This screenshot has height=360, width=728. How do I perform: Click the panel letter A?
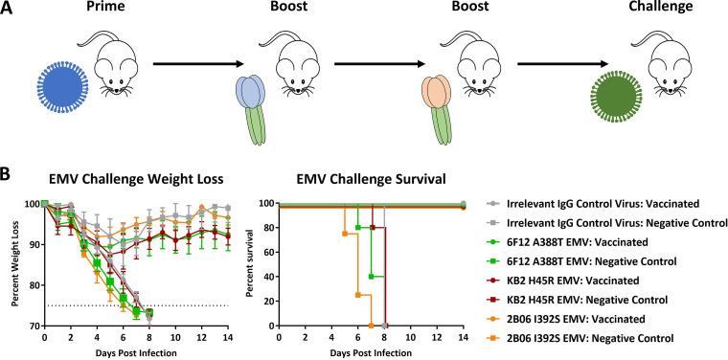(9, 11)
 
